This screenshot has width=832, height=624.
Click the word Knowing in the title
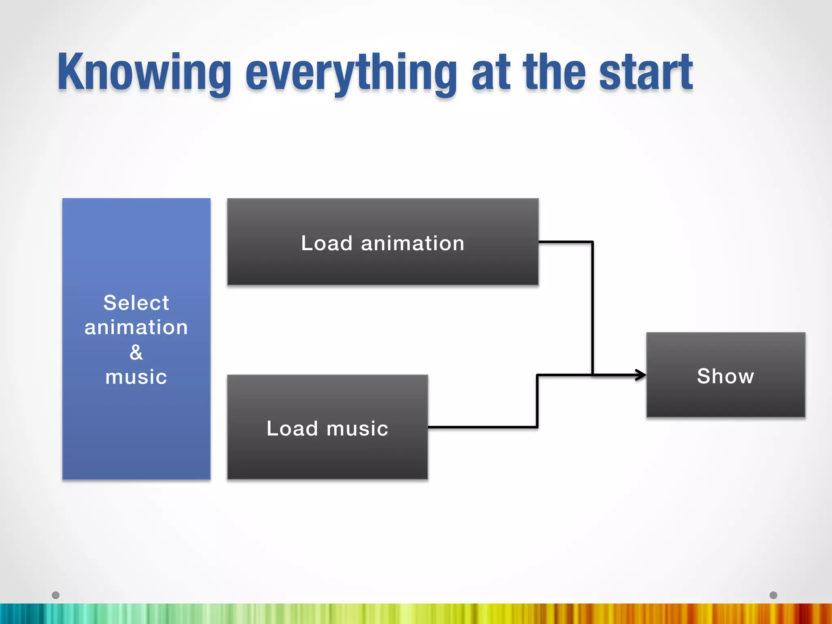(x=144, y=73)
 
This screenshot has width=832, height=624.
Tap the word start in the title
(x=646, y=73)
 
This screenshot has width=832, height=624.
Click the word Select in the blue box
(x=136, y=303)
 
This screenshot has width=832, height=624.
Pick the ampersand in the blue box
(x=136, y=352)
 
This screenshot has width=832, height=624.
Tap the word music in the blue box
(x=136, y=377)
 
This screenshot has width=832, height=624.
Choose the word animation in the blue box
(x=136, y=327)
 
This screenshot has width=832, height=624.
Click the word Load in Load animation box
(x=327, y=243)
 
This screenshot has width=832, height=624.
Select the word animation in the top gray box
(x=412, y=243)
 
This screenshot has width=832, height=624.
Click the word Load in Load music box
(x=292, y=428)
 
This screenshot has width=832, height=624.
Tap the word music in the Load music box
(x=357, y=429)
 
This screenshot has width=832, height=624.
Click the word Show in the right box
(x=726, y=376)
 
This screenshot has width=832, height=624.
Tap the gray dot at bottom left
(x=56, y=595)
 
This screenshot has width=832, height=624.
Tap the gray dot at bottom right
(x=773, y=595)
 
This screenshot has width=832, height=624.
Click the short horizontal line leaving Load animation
(x=565, y=242)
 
